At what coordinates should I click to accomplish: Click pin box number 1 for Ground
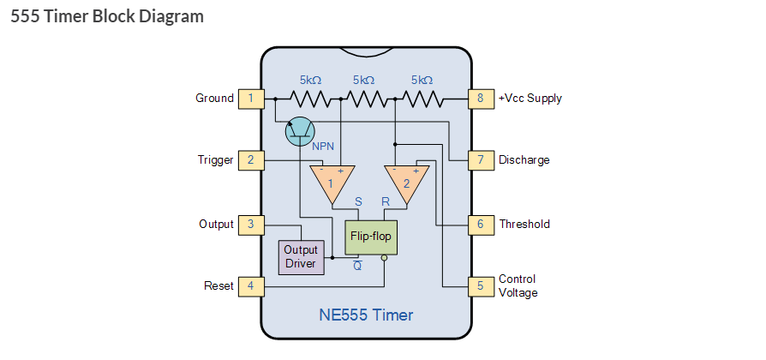coord(250,98)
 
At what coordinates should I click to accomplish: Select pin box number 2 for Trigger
coord(250,159)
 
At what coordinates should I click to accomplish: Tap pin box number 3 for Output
coord(250,224)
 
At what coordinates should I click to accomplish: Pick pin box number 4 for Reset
coord(250,285)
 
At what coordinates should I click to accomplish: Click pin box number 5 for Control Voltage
coord(480,285)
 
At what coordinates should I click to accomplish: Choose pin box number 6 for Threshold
coord(480,224)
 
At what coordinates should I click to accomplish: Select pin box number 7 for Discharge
coord(480,159)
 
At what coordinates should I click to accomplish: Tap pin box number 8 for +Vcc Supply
coord(480,98)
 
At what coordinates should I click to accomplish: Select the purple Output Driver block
coord(301,256)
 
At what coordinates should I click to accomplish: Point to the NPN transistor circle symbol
coord(299,131)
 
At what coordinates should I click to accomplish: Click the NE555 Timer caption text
coord(366,315)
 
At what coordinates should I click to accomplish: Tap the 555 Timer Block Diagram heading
coord(107,16)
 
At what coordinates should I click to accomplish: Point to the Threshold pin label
coord(524,225)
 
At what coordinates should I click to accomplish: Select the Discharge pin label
coord(524,160)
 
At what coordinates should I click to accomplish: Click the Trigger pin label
coord(215,160)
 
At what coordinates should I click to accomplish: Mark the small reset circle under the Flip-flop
coord(385,257)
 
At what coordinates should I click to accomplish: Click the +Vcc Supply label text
coord(530,99)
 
